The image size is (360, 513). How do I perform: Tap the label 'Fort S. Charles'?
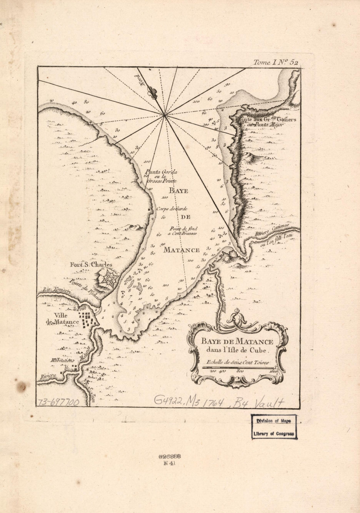(91, 265)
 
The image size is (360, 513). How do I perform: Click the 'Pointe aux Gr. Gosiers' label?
(265, 119)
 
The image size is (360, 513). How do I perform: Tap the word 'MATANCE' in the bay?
(181, 250)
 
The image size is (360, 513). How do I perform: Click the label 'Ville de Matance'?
(63, 319)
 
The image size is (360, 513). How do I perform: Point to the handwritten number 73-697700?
(58, 402)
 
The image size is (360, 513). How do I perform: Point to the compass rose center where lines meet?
(164, 115)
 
